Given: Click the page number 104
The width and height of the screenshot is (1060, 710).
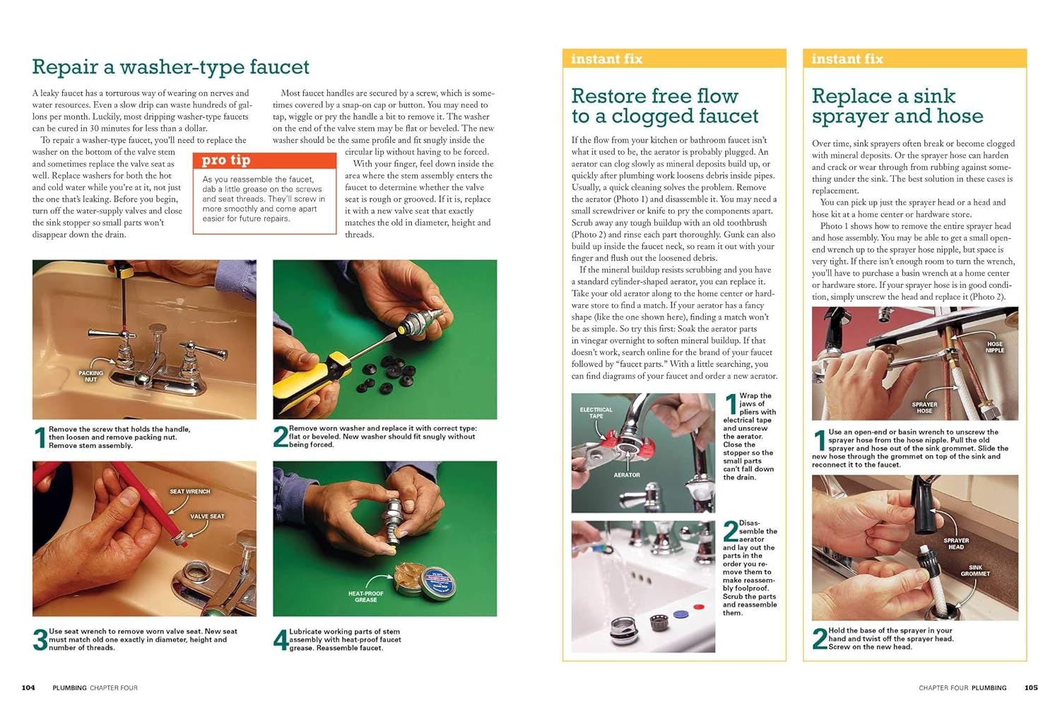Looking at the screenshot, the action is tap(28, 688).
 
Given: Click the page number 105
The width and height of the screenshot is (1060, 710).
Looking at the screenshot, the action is tap(1031, 688).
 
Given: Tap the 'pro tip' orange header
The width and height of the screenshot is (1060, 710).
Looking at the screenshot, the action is tap(264, 160).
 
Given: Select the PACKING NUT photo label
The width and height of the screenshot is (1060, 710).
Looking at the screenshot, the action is tap(90, 376).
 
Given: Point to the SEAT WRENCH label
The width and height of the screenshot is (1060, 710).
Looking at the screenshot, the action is tap(190, 491).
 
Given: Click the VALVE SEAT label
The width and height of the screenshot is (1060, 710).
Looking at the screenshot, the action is tap(207, 516).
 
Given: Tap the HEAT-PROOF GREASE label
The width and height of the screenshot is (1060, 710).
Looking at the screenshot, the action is tap(366, 596).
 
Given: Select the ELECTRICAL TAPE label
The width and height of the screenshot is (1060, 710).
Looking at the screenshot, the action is tap(596, 412).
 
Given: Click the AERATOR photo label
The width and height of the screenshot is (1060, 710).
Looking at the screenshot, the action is tap(627, 475).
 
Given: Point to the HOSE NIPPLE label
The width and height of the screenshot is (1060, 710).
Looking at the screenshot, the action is tap(995, 347).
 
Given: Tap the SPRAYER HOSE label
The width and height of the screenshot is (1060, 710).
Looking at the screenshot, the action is tap(924, 408).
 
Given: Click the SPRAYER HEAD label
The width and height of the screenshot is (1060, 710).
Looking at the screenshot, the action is tap(956, 544).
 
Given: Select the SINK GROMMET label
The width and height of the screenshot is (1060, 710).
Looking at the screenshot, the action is tap(974, 570).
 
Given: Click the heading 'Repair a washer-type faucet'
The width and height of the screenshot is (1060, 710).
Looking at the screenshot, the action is tap(170, 66).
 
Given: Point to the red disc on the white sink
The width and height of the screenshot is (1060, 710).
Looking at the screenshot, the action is tap(698, 607).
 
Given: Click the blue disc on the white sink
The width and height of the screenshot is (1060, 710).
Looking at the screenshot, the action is tap(680, 615).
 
